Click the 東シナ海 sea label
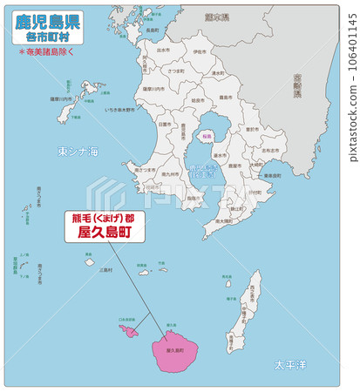tap(78, 152)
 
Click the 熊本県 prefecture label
tap(207, 17)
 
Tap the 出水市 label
tap(163, 51)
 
